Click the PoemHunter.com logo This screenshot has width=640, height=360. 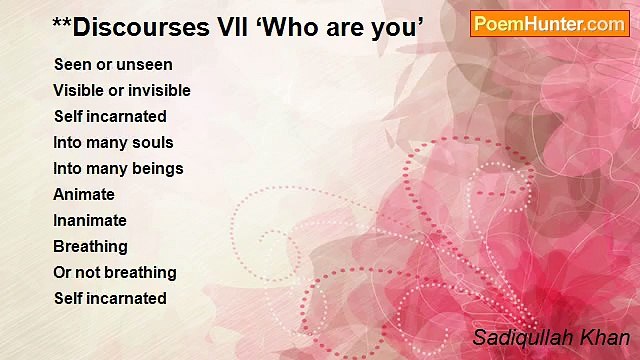coord(550,24)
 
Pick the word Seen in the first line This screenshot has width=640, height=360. coord(72,64)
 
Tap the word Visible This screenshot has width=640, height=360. coord(78,90)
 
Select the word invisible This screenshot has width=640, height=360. coord(158,90)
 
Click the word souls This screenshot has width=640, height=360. coord(153,142)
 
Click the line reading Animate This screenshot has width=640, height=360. coord(84,194)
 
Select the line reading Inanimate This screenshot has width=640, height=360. coord(90,220)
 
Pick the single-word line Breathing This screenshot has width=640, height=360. coord(91,246)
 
